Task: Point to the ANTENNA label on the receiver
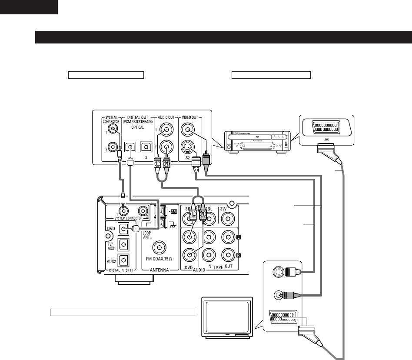[x=159, y=270]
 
